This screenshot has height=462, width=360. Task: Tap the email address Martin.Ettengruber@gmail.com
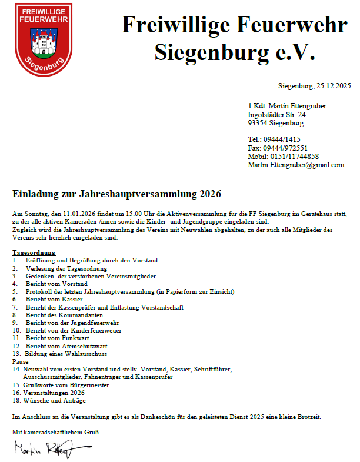pyautogui.click(x=296, y=165)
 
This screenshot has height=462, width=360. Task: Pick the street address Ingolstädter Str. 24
pyautogui.click(x=277, y=114)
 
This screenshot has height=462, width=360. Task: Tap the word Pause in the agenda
pyautogui.click(x=20, y=361)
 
